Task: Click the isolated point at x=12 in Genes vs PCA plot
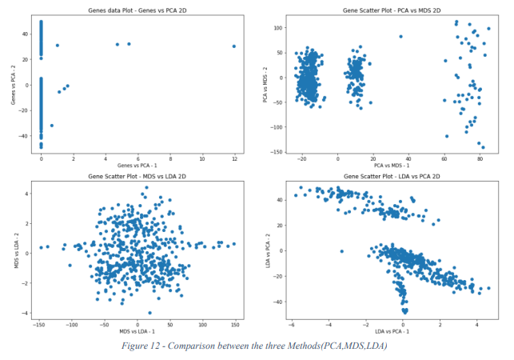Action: click(234, 46)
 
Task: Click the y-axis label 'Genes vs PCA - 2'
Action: click(14, 84)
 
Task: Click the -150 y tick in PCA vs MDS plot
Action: click(274, 151)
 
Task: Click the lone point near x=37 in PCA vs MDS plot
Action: click(400, 37)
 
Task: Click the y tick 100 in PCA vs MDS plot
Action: click(277, 28)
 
